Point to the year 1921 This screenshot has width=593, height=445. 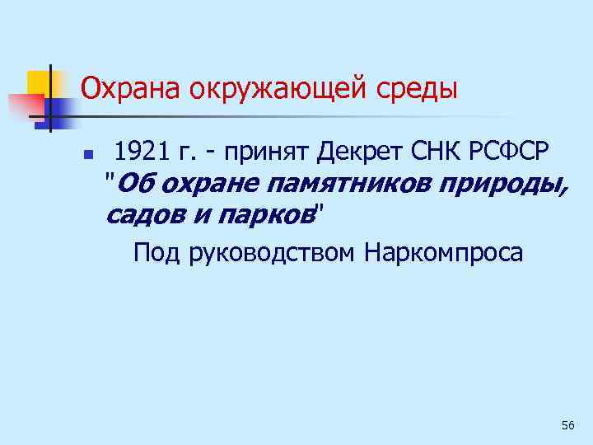[x=140, y=151]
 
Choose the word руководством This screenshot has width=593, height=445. [x=274, y=251]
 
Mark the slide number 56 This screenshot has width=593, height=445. [x=567, y=425]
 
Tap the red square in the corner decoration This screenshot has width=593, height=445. [x=25, y=105]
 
